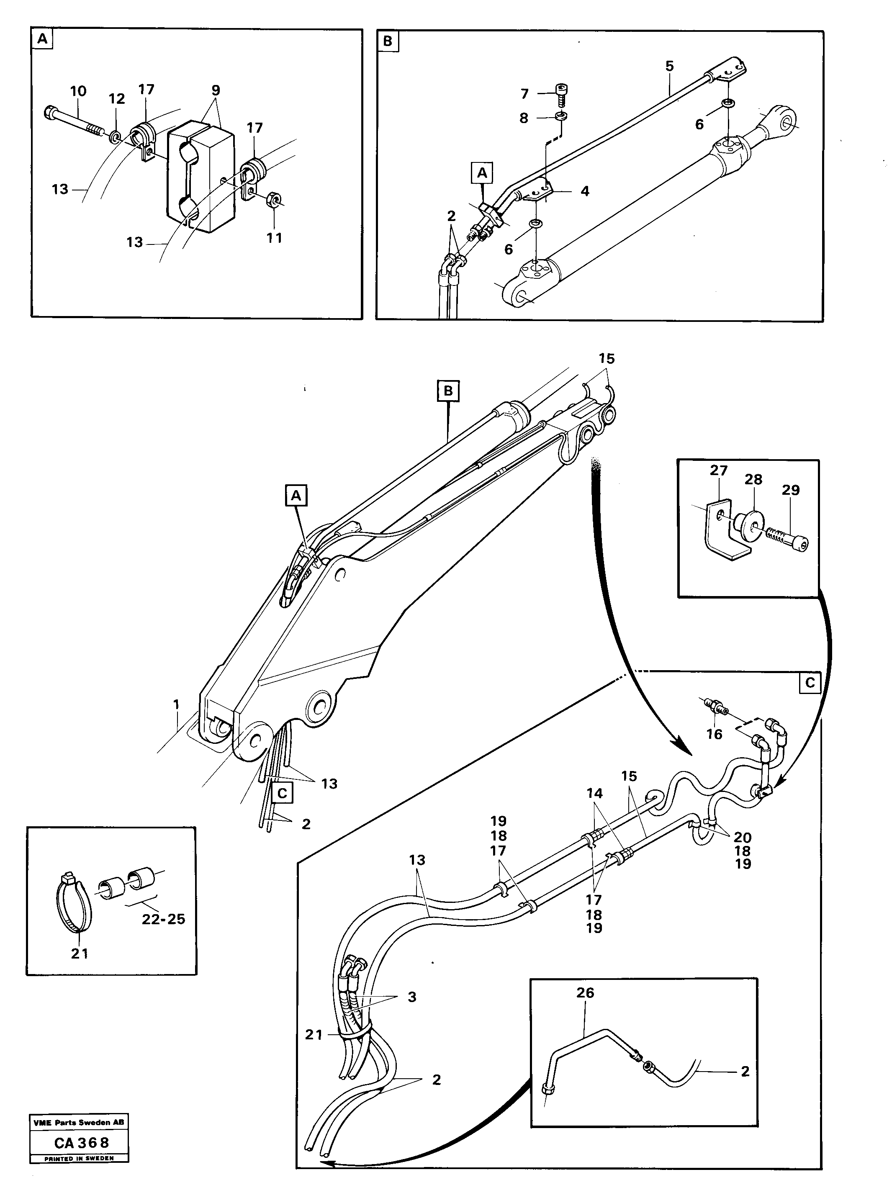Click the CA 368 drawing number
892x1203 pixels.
coord(82,1143)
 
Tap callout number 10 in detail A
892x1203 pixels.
coord(78,91)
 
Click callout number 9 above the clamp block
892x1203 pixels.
coord(216,90)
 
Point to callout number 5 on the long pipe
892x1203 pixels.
coord(670,67)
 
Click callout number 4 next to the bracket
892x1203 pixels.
coord(585,191)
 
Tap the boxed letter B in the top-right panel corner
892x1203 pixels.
coord(388,41)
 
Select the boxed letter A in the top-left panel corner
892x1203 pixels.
coord(42,39)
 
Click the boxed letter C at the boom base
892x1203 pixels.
coord(281,793)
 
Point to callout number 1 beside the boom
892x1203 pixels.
coord(176,704)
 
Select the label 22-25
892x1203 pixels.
coord(163,919)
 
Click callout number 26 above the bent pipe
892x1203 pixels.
coord(585,993)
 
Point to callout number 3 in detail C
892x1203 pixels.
coord(412,997)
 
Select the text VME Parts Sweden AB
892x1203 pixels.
coord(79,1123)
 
